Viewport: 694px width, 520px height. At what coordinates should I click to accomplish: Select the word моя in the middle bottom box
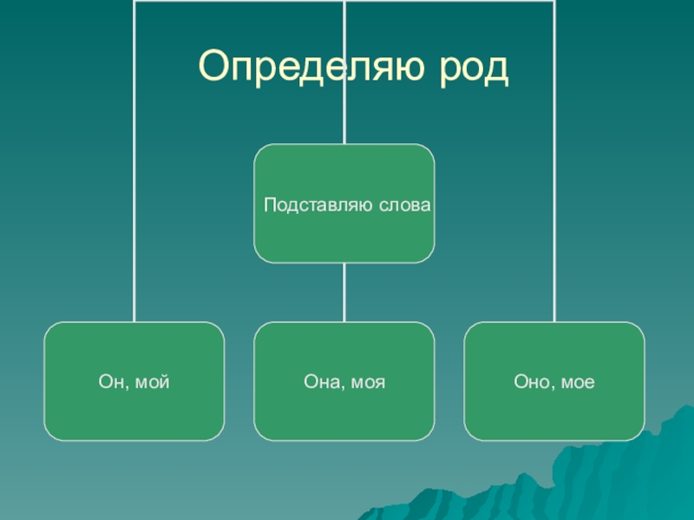[x=368, y=381]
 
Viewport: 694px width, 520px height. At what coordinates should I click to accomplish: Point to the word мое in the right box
[x=578, y=381]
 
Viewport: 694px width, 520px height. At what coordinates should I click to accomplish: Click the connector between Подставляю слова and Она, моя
[x=344, y=292]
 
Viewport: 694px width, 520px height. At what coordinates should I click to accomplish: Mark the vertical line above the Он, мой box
[x=134, y=217]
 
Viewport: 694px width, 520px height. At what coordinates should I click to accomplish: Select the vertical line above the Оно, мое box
[x=554, y=217]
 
